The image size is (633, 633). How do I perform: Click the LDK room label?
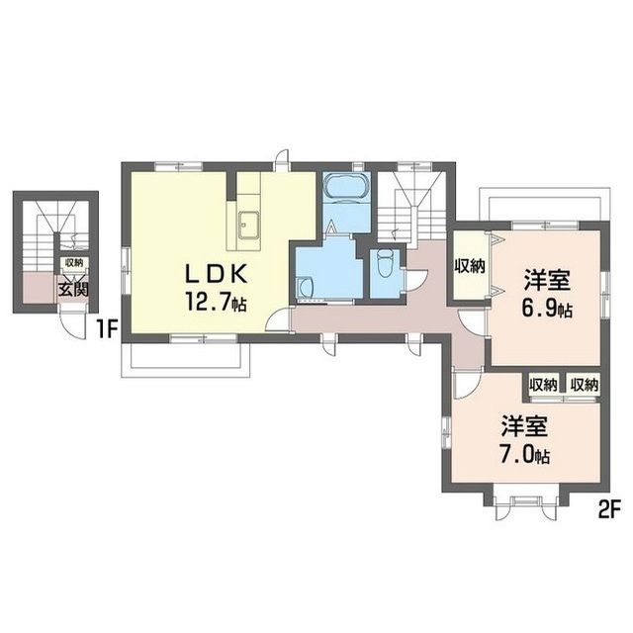pos(216,275)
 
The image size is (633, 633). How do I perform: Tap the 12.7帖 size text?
pos(216,302)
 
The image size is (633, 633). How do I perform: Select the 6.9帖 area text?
pos(547,309)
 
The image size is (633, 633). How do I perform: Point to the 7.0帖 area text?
pos(524,455)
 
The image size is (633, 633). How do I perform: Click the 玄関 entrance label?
pos(73,289)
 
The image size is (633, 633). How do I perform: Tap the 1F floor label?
pos(107,330)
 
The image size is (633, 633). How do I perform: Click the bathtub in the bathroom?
pos(347,186)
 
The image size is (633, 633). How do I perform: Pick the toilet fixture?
pos(385,262)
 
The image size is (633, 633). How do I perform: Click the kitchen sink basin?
pos(248,225)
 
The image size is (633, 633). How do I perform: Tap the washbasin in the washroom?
pos(306,288)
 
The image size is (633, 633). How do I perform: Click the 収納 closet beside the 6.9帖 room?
pos(470,266)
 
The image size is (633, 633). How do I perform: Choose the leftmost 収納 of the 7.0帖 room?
pos(543,385)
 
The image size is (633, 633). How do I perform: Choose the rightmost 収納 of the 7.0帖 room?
pos(584,385)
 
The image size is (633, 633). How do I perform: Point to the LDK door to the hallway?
pos(279,319)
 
